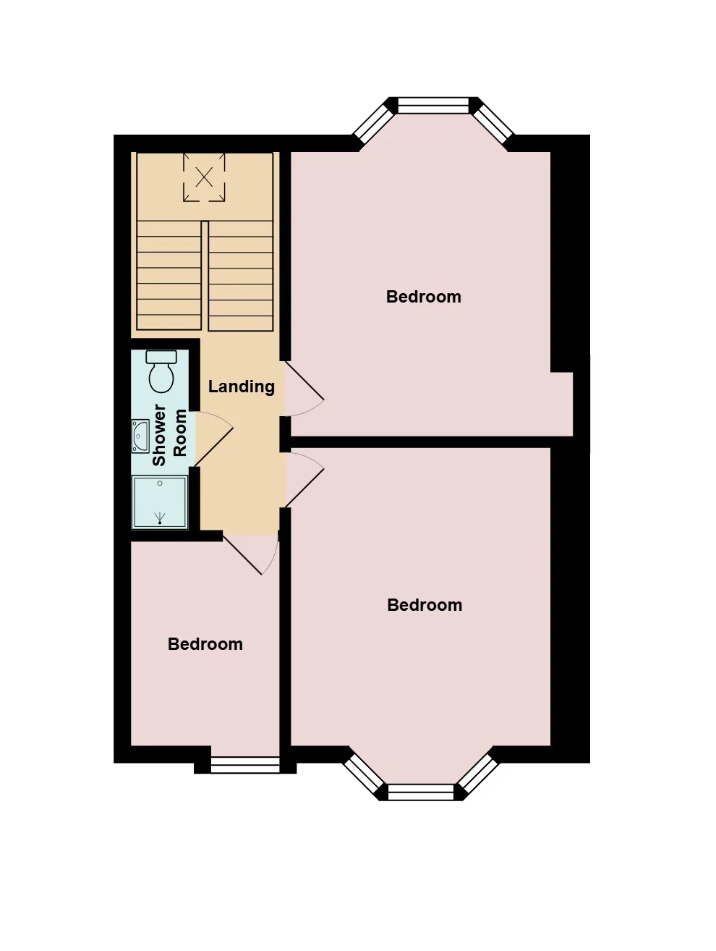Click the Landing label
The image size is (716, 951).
pos(241,386)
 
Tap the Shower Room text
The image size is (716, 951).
pos(169,434)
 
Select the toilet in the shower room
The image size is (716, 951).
pos(161,371)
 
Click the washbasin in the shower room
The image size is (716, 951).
pos(140,436)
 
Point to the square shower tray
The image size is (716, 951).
pos(160,502)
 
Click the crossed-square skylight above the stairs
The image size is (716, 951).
pos(204,177)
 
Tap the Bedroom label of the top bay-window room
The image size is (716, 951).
pos(423,297)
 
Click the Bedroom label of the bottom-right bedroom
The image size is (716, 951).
pos(425,605)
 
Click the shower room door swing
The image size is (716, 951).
pos(214,439)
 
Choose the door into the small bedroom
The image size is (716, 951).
pos(250,554)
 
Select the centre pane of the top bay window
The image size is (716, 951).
pos(433,105)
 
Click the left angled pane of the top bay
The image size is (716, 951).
pos(372,124)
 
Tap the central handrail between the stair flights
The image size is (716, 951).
pos(205,276)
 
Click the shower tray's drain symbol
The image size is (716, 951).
pos(160,518)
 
